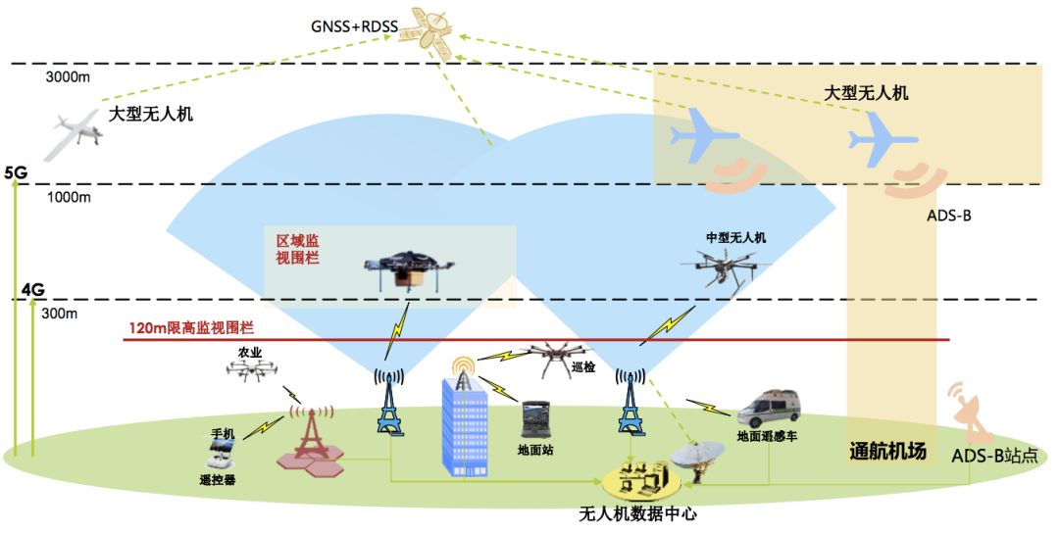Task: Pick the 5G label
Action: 16,172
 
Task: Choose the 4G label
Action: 33,290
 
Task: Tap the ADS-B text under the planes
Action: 948,215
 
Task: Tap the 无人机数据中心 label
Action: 637,513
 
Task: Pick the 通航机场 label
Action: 886,452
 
